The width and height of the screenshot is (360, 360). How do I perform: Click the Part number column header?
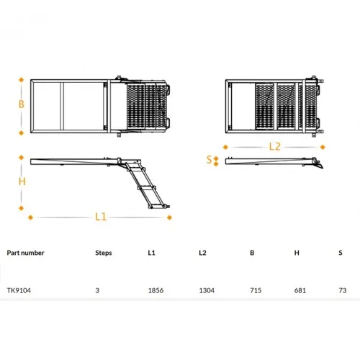pyautogui.click(x=25, y=253)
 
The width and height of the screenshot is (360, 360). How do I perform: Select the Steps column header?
pyautogui.click(x=104, y=253)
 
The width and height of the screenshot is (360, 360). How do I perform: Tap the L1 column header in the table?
pyautogui.click(x=151, y=253)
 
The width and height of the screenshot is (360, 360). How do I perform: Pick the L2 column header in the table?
pyautogui.click(x=202, y=253)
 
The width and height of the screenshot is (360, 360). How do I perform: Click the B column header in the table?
pyautogui.click(x=252, y=253)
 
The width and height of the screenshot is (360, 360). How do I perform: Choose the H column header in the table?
pyautogui.click(x=297, y=253)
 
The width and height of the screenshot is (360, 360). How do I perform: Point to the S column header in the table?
pyautogui.click(x=341, y=253)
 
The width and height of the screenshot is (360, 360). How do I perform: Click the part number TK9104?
pyautogui.click(x=19, y=290)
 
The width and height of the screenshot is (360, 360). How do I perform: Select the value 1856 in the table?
pyautogui.click(x=156, y=290)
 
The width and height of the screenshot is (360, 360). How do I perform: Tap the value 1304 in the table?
pyautogui.click(x=207, y=290)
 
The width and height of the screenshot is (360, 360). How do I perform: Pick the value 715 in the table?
pyautogui.click(x=256, y=290)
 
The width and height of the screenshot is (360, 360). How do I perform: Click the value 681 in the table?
pyautogui.click(x=300, y=290)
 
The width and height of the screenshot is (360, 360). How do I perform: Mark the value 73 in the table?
pyautogui.click(x=343, y=290)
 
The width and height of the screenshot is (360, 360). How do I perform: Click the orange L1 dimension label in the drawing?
pyautogui.click(x=101, y=217)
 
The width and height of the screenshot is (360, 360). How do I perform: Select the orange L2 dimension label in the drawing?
pyautogui.click(x=274, y=146)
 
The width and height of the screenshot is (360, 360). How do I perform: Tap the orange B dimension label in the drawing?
pyautogui.click(x=22, y=104)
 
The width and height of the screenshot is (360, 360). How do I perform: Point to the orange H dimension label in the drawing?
pyautogui.click(x=22, y=181)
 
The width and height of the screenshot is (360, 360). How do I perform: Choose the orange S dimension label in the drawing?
pyautogui.click(x=210, y=159)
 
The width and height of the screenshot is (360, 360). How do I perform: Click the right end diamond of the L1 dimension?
pyautogui.click(x=169, y=217)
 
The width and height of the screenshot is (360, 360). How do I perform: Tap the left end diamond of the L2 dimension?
pyautogui.click(x=225, y=147)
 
